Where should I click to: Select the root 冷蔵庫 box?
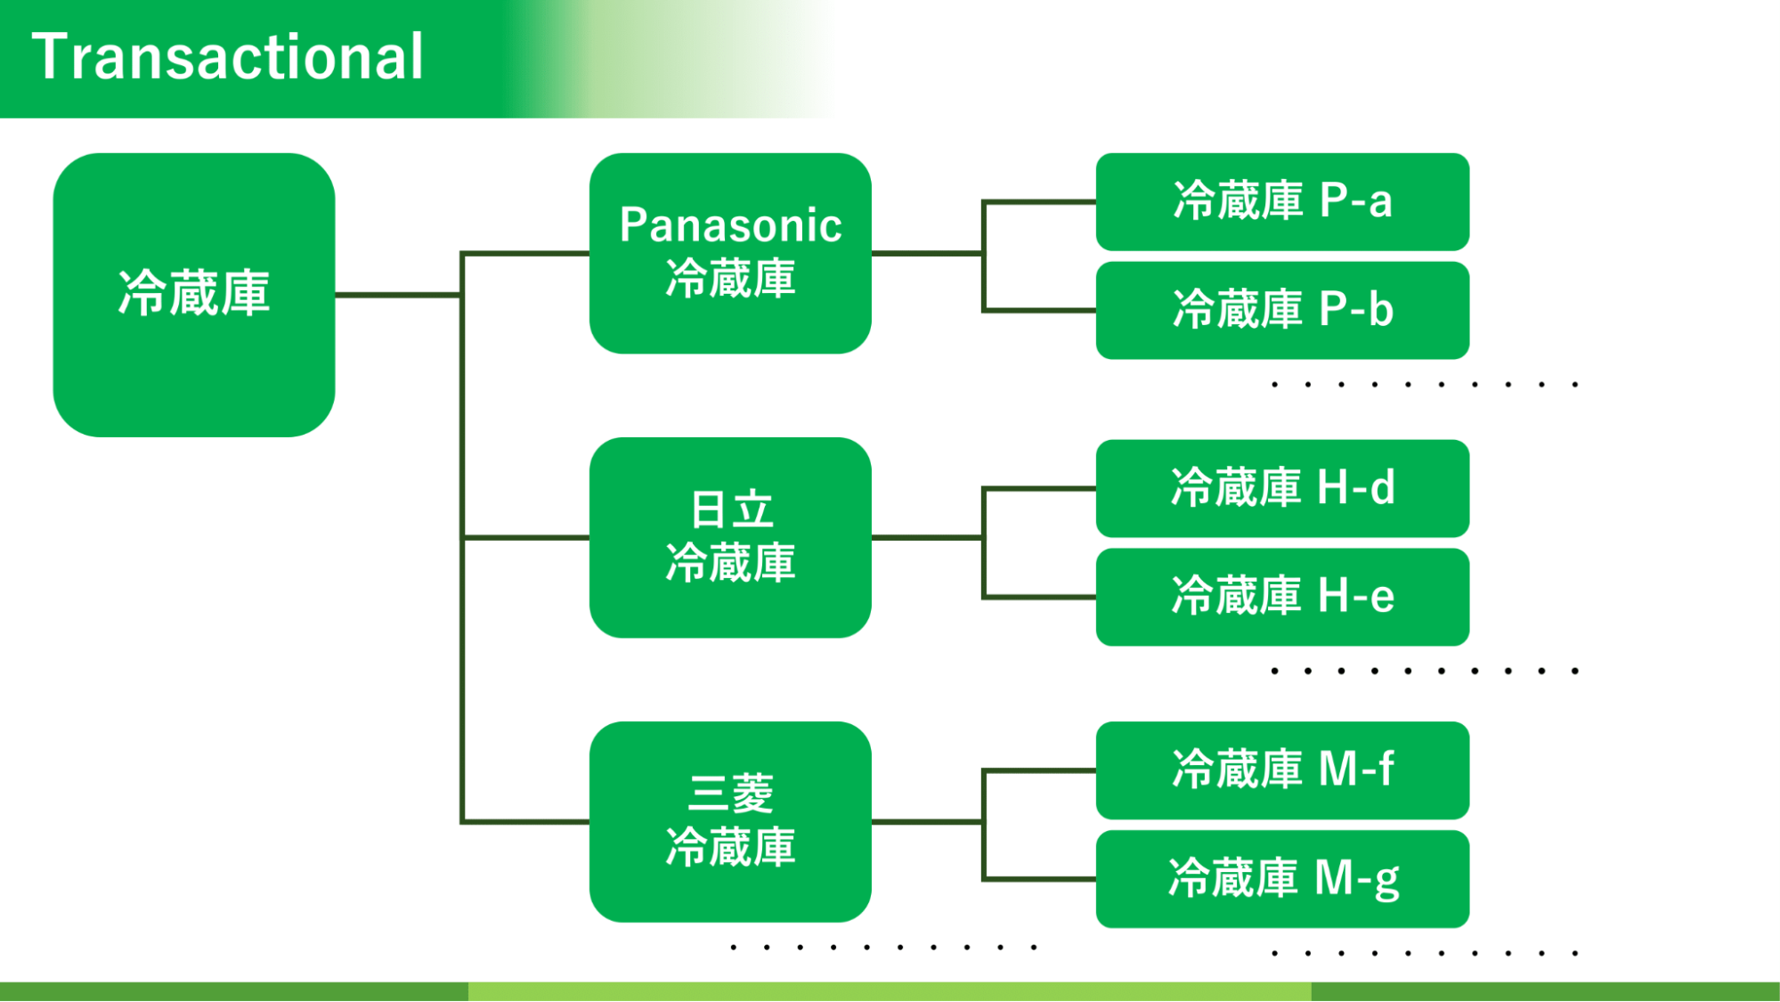pos(194,294)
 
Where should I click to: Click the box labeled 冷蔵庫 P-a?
pos(1282,201)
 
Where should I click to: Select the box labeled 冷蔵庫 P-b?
pos(1282,310)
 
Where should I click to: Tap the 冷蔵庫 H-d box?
pos(1282,488)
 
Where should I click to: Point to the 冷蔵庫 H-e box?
pos(1282,597)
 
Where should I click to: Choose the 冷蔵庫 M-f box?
pos(1282,770)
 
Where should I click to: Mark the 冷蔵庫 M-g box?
pos(1282,879)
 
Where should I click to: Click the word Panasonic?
pos(730,225)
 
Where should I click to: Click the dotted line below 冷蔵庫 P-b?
pos(1425,385)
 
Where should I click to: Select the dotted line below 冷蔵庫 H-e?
pos(1425,671)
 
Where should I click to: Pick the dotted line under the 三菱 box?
pos(883,947)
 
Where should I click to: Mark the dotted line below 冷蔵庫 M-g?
pos(1425,953)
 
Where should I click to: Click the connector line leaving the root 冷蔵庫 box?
pos(397,295)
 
